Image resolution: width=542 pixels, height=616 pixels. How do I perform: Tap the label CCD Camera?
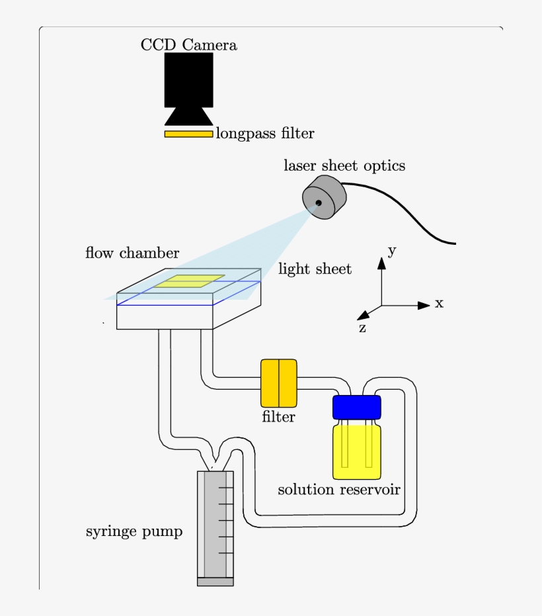click(x=188, y=45)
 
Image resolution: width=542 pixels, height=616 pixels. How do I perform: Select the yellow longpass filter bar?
click(x=188, y=134)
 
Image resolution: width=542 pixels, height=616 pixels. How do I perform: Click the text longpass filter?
click(x=265, y=134)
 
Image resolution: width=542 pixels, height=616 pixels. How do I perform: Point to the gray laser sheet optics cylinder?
click(x=325, y=198)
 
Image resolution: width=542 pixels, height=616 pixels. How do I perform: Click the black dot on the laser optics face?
click(x=318, y=203)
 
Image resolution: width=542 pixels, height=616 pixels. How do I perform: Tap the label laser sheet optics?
click(x=344, y=165)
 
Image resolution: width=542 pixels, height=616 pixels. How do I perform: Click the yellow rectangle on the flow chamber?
click(x=190, y=281)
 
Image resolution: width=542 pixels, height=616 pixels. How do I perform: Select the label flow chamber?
click(x=132, y=253)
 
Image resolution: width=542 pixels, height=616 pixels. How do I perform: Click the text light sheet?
click(x=315, y=269)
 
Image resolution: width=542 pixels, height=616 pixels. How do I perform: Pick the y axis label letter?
click(x=392, y=251)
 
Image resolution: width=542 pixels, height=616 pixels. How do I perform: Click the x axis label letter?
click(x=439, y=304)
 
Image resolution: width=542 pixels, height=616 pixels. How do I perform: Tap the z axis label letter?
click(x=362, y=328)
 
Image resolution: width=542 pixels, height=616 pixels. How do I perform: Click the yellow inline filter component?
click(x=278, y=383)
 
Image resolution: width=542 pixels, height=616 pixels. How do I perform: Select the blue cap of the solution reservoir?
click(x=357, y=407)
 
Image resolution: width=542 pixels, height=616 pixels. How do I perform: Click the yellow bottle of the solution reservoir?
click(x=357, y=453)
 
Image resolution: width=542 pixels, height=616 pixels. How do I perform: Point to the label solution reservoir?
click(x=339, y=490)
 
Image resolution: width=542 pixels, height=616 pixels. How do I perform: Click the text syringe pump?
click(x=134, y=531)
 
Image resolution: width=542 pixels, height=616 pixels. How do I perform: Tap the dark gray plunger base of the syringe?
click(x=215, y=582)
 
